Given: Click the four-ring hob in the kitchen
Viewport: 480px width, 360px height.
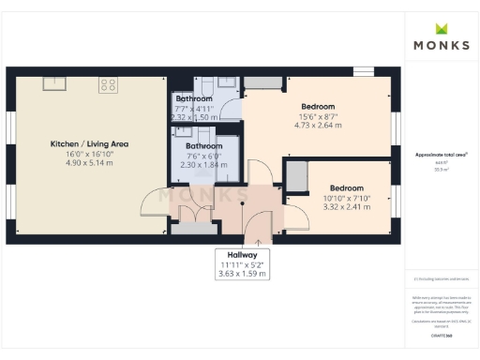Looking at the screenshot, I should point(108,84).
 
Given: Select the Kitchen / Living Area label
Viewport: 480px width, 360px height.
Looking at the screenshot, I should point(89,144).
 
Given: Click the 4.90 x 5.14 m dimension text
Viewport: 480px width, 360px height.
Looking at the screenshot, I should point(89,163).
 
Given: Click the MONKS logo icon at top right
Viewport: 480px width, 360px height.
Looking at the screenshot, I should point(441,28).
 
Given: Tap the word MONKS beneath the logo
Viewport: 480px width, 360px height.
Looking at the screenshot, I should point(441,44).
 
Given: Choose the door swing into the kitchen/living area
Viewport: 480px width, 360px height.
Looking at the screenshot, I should point(153,202).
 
